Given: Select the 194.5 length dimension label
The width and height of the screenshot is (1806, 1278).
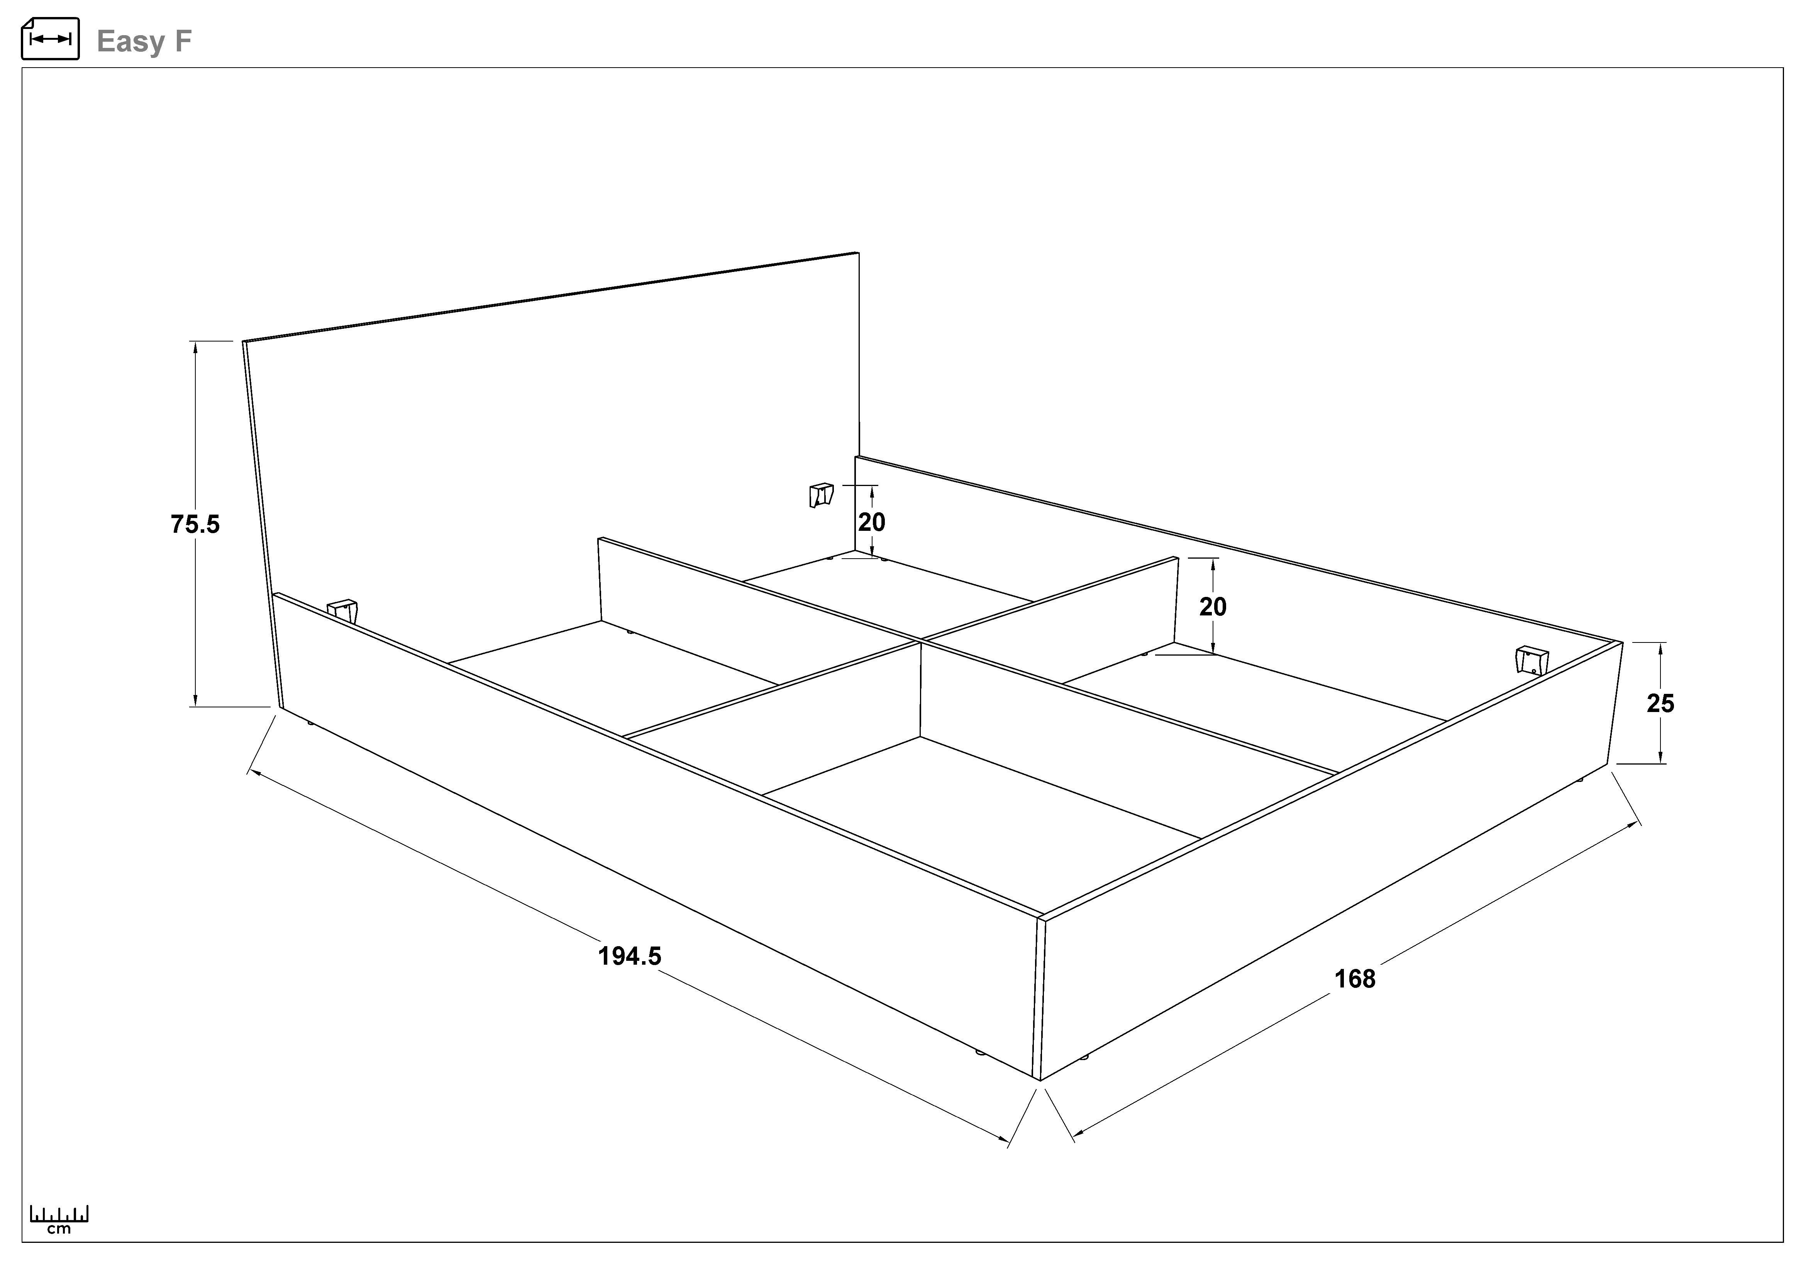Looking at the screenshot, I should [629, 956].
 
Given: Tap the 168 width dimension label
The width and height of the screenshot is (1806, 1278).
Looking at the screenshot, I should [1354, 979].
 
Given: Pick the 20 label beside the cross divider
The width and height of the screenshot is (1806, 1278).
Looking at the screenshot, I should [1213, 607].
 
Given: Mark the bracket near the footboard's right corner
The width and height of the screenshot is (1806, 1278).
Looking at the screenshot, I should [1531, 659].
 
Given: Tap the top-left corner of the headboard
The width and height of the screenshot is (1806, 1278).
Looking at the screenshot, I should [244, 342].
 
